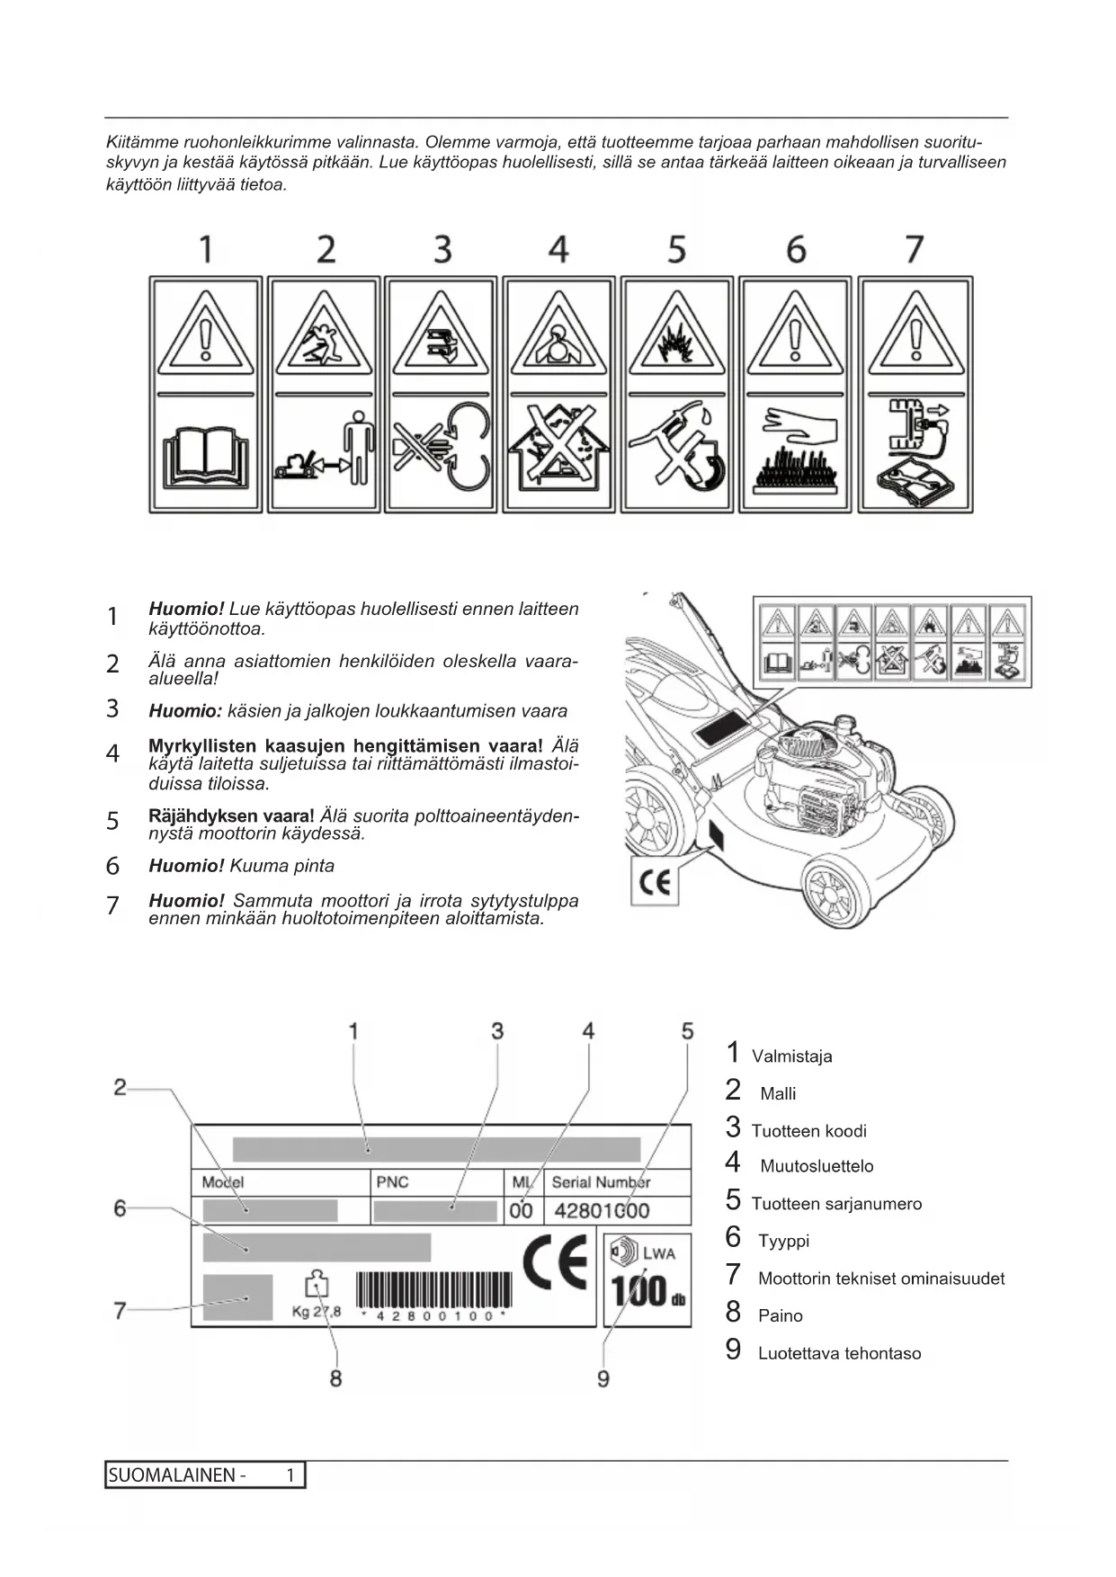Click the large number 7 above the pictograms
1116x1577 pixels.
coord(914,249)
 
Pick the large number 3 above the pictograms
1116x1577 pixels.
coord(442,249)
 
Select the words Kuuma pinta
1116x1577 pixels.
coord(281,866)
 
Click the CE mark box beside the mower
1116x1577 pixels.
coord(655,882)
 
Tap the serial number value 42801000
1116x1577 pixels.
coord(602,1210)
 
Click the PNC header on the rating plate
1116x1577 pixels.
coord(392,1181)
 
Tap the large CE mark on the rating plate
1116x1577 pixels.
coord(554,1263)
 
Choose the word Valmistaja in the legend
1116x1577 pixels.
coord(791,1056)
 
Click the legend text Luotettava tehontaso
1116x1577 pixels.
coord(839,1353)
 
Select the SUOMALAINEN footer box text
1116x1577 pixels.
coord(176,1475)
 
